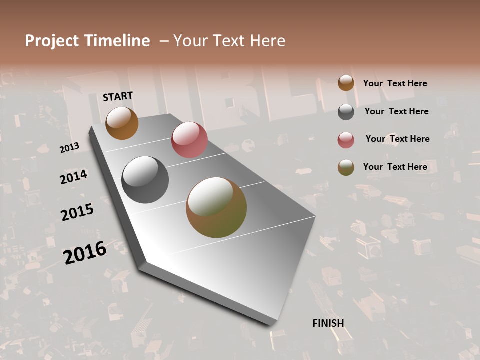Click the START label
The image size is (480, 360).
(x=118, y=96)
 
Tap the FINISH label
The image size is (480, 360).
(x=328, y=323)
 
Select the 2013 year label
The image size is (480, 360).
(x=70, y=147)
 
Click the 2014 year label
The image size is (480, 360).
(x=74, y=177)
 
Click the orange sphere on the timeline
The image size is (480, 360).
(x=122, y=123)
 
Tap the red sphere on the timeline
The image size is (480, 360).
(x=189, y=140)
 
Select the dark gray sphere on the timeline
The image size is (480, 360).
(x=145, y=180)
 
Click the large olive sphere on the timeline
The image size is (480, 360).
(x=216, y=207)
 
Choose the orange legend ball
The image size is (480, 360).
(x=346, y=83)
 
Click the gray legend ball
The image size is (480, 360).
(x=346, y=112)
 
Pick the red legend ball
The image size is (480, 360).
(x=346, y=140)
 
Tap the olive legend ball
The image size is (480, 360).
(x=346, y=168)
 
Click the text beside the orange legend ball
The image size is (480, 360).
(x=395, y=84)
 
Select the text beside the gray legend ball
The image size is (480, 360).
(x=397, y=112)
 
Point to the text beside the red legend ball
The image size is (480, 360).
(x=398, y=139)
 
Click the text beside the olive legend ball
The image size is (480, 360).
(x=395, y=167)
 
